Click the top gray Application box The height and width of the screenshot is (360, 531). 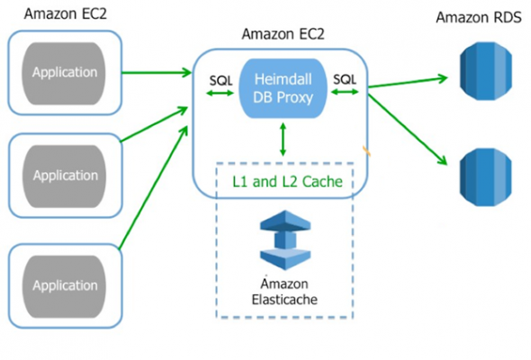[64, 73]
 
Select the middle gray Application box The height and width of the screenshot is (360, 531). [64, 176]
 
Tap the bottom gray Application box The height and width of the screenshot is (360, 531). [64, 286]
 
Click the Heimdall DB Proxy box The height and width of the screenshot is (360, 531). [283, 88]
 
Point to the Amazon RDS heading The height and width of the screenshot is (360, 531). [479, 17]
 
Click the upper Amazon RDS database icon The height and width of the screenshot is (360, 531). [486, 71]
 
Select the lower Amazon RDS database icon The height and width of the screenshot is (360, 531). [486, 177]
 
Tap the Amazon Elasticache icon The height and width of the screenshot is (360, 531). [285, 239]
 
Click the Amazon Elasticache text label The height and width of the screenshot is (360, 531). [284, 292]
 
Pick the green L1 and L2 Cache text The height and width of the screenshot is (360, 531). [287, 182]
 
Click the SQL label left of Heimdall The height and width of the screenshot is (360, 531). [220, 81]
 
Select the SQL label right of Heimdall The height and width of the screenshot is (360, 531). [345, 79]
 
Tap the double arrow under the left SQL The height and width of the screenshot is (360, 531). [220, 93]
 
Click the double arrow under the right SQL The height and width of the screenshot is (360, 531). [345, 92]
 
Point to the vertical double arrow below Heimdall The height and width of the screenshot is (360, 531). [283, 139]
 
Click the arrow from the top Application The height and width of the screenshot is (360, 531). [157, 72]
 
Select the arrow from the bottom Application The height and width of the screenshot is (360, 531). [153, 188]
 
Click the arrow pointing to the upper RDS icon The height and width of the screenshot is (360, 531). [408, 82]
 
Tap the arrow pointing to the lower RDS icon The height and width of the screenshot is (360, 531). [408, 130]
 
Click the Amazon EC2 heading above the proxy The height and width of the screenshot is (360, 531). [283, 34]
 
